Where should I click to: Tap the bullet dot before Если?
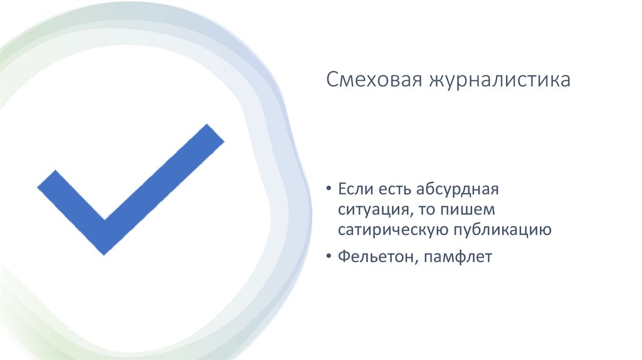[x=329, y=189]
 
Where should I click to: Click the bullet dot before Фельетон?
[x=329, y=258]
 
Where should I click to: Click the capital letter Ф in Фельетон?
[x=343, y=257]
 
